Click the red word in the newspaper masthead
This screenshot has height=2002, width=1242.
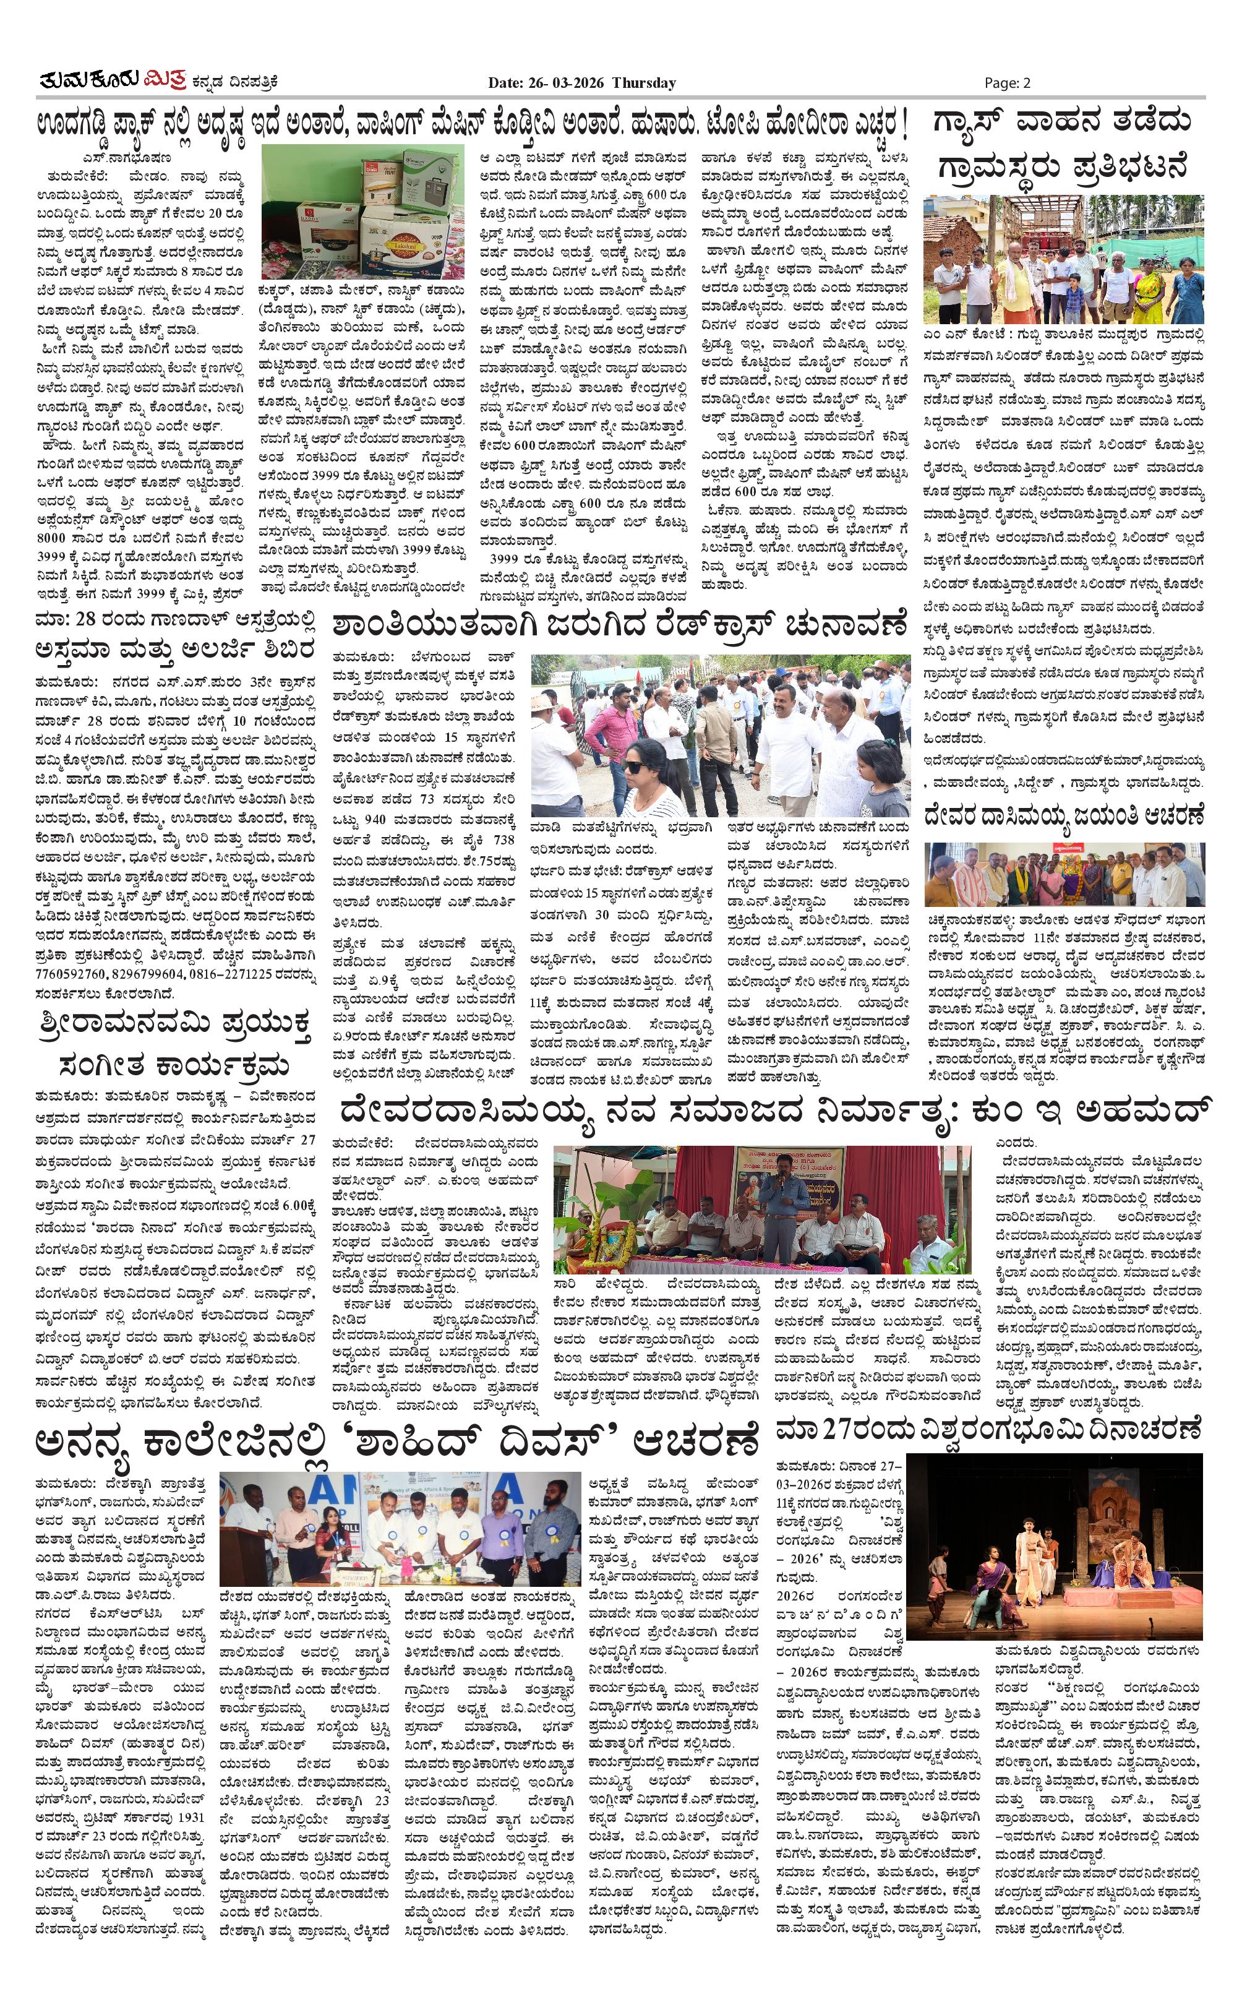point(165,80)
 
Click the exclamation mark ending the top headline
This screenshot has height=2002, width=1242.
point(904,125)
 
